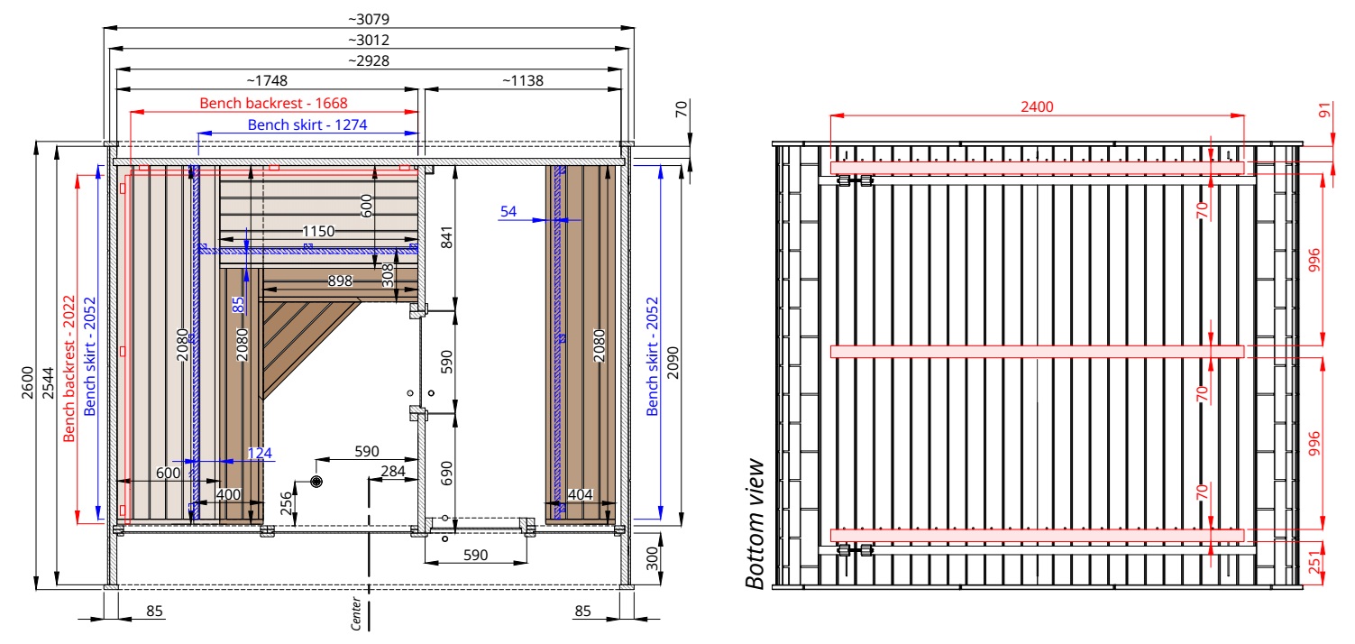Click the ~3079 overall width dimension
369,19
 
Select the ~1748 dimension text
267,80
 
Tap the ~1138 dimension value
523,80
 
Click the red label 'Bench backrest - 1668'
273,103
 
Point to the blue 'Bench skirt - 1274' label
307,124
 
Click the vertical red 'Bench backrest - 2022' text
69,368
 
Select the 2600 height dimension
27,382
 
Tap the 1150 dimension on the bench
318,231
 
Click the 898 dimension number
340,281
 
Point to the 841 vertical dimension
446,238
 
